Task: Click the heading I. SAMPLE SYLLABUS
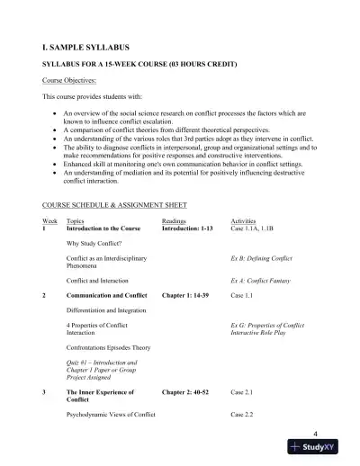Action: pyautogui.click(x=85, y=42)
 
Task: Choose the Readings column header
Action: pyautogui.click(x=175, y=220)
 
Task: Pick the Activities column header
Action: pyautogui.click(x=245, y=220)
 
